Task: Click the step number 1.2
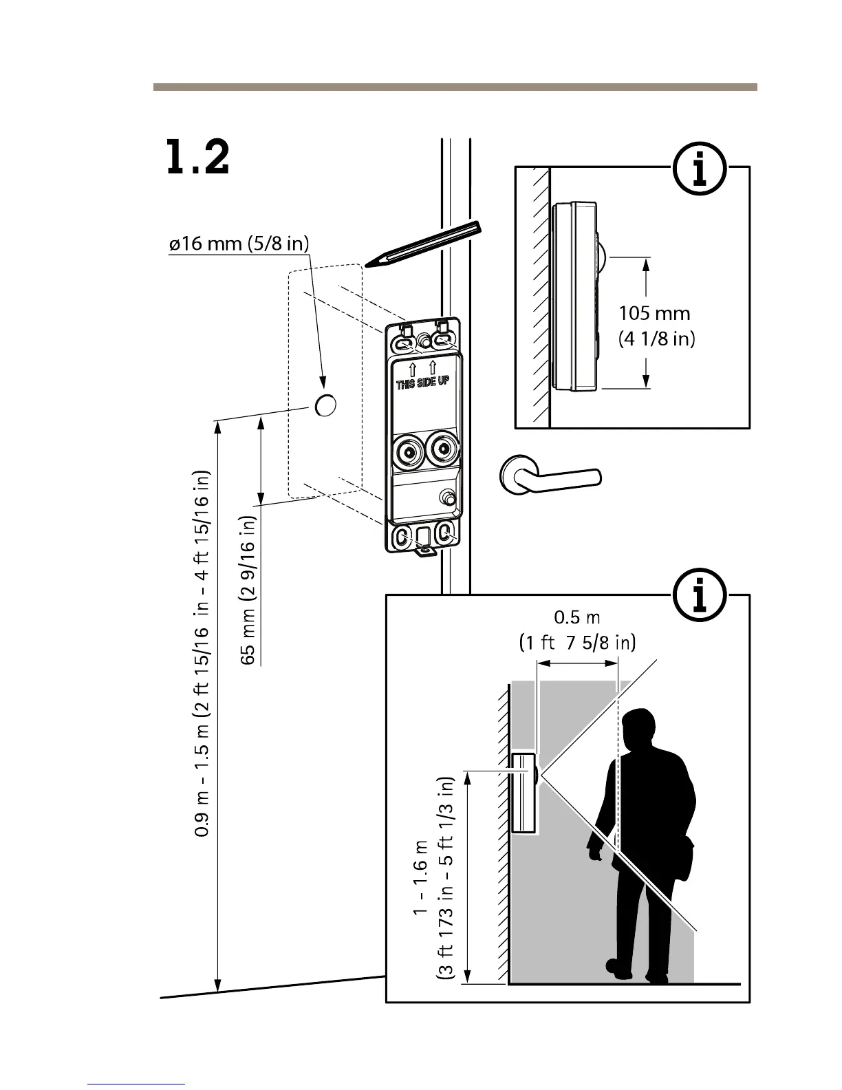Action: (x=197, y=158)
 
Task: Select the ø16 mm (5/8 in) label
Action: (x=239, y=244)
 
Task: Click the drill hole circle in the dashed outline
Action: (x=325, y=405)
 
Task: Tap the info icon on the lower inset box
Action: (x=700, y=596)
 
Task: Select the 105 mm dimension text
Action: (x=654, y=314)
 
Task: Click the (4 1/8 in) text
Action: (x=657, y=339)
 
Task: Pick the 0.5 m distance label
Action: (x=577, y=617)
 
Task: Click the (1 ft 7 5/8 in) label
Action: (x=577, y=643)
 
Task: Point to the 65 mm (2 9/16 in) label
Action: (x=249, y=590)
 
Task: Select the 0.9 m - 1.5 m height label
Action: (x=203, y=654)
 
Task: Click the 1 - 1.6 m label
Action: (x=421, y=877)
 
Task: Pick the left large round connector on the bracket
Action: (x=408, y=452)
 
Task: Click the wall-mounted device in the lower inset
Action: (x=524, y=793)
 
